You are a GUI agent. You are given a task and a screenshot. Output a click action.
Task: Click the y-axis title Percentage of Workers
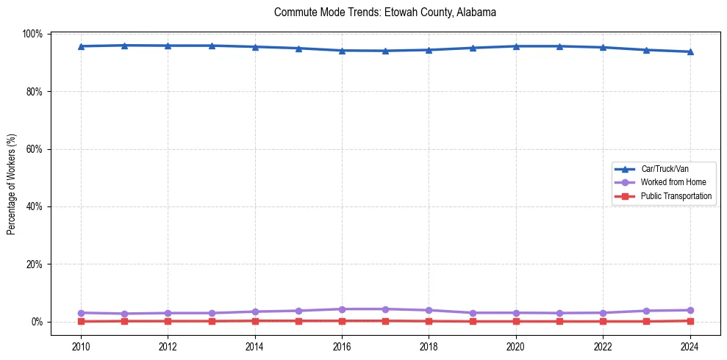tap(11, 184)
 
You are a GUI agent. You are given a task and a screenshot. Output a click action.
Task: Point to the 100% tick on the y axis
tap(33, 35)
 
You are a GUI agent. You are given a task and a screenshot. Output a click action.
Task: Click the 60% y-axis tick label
tap(35, 149)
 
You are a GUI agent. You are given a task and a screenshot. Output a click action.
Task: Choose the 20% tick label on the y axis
tap(35, 264)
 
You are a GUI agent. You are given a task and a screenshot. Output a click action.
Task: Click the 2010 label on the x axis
tap(81, 347)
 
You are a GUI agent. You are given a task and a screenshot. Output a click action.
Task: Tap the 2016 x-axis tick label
tap(342, 347)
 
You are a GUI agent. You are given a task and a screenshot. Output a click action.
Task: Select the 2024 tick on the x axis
tap(690, 347)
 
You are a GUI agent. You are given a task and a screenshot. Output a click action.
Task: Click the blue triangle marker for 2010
tap(81, 46)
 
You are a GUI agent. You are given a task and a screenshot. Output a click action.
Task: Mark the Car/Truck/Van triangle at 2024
tap(690, 51)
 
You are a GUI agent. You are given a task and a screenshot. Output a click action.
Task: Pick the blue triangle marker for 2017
tap(385, 51)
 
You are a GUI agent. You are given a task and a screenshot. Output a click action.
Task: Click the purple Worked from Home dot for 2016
tap(342, 309)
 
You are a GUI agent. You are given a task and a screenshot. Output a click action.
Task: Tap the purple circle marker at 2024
tap(690, 310)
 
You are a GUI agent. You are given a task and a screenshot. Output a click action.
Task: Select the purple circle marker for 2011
tap(124, 314)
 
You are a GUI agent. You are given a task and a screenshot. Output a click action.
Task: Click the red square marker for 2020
tap(516, 321)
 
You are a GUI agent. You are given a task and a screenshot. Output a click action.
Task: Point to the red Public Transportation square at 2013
tap(212, 321)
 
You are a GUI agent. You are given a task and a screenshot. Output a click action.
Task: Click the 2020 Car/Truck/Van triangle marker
tap(516, 46)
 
